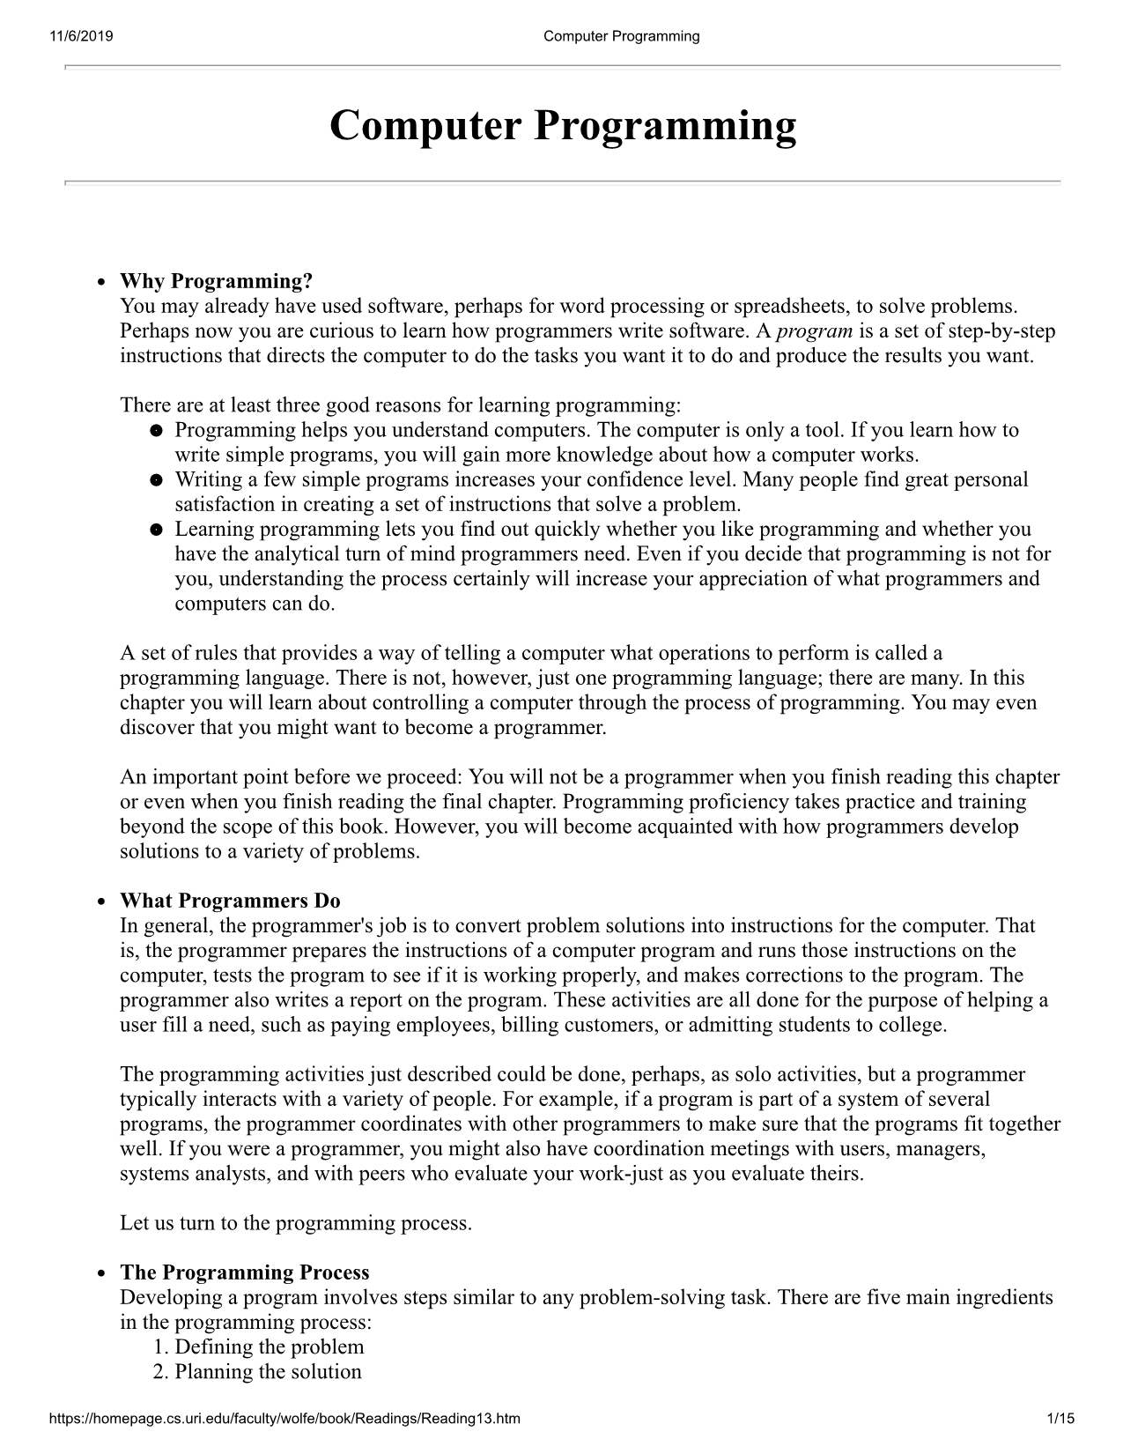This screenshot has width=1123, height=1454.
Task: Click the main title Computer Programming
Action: pos(562,125)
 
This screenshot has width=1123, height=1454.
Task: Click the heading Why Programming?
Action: pos(217,281)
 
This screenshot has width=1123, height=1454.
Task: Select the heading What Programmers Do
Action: pos(230,901)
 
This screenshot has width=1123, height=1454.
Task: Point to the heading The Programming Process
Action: pos(245,1272)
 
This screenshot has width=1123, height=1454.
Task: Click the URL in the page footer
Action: pos(284,1419)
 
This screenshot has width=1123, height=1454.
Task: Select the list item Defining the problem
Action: pos(269,1346)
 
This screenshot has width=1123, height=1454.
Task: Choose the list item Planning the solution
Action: pos(268,1371)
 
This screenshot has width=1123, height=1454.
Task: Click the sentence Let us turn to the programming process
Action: pos(296,1223)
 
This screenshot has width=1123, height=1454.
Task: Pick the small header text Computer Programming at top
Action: pos(621,36)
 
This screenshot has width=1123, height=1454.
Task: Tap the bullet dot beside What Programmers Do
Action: pos(102,901)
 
